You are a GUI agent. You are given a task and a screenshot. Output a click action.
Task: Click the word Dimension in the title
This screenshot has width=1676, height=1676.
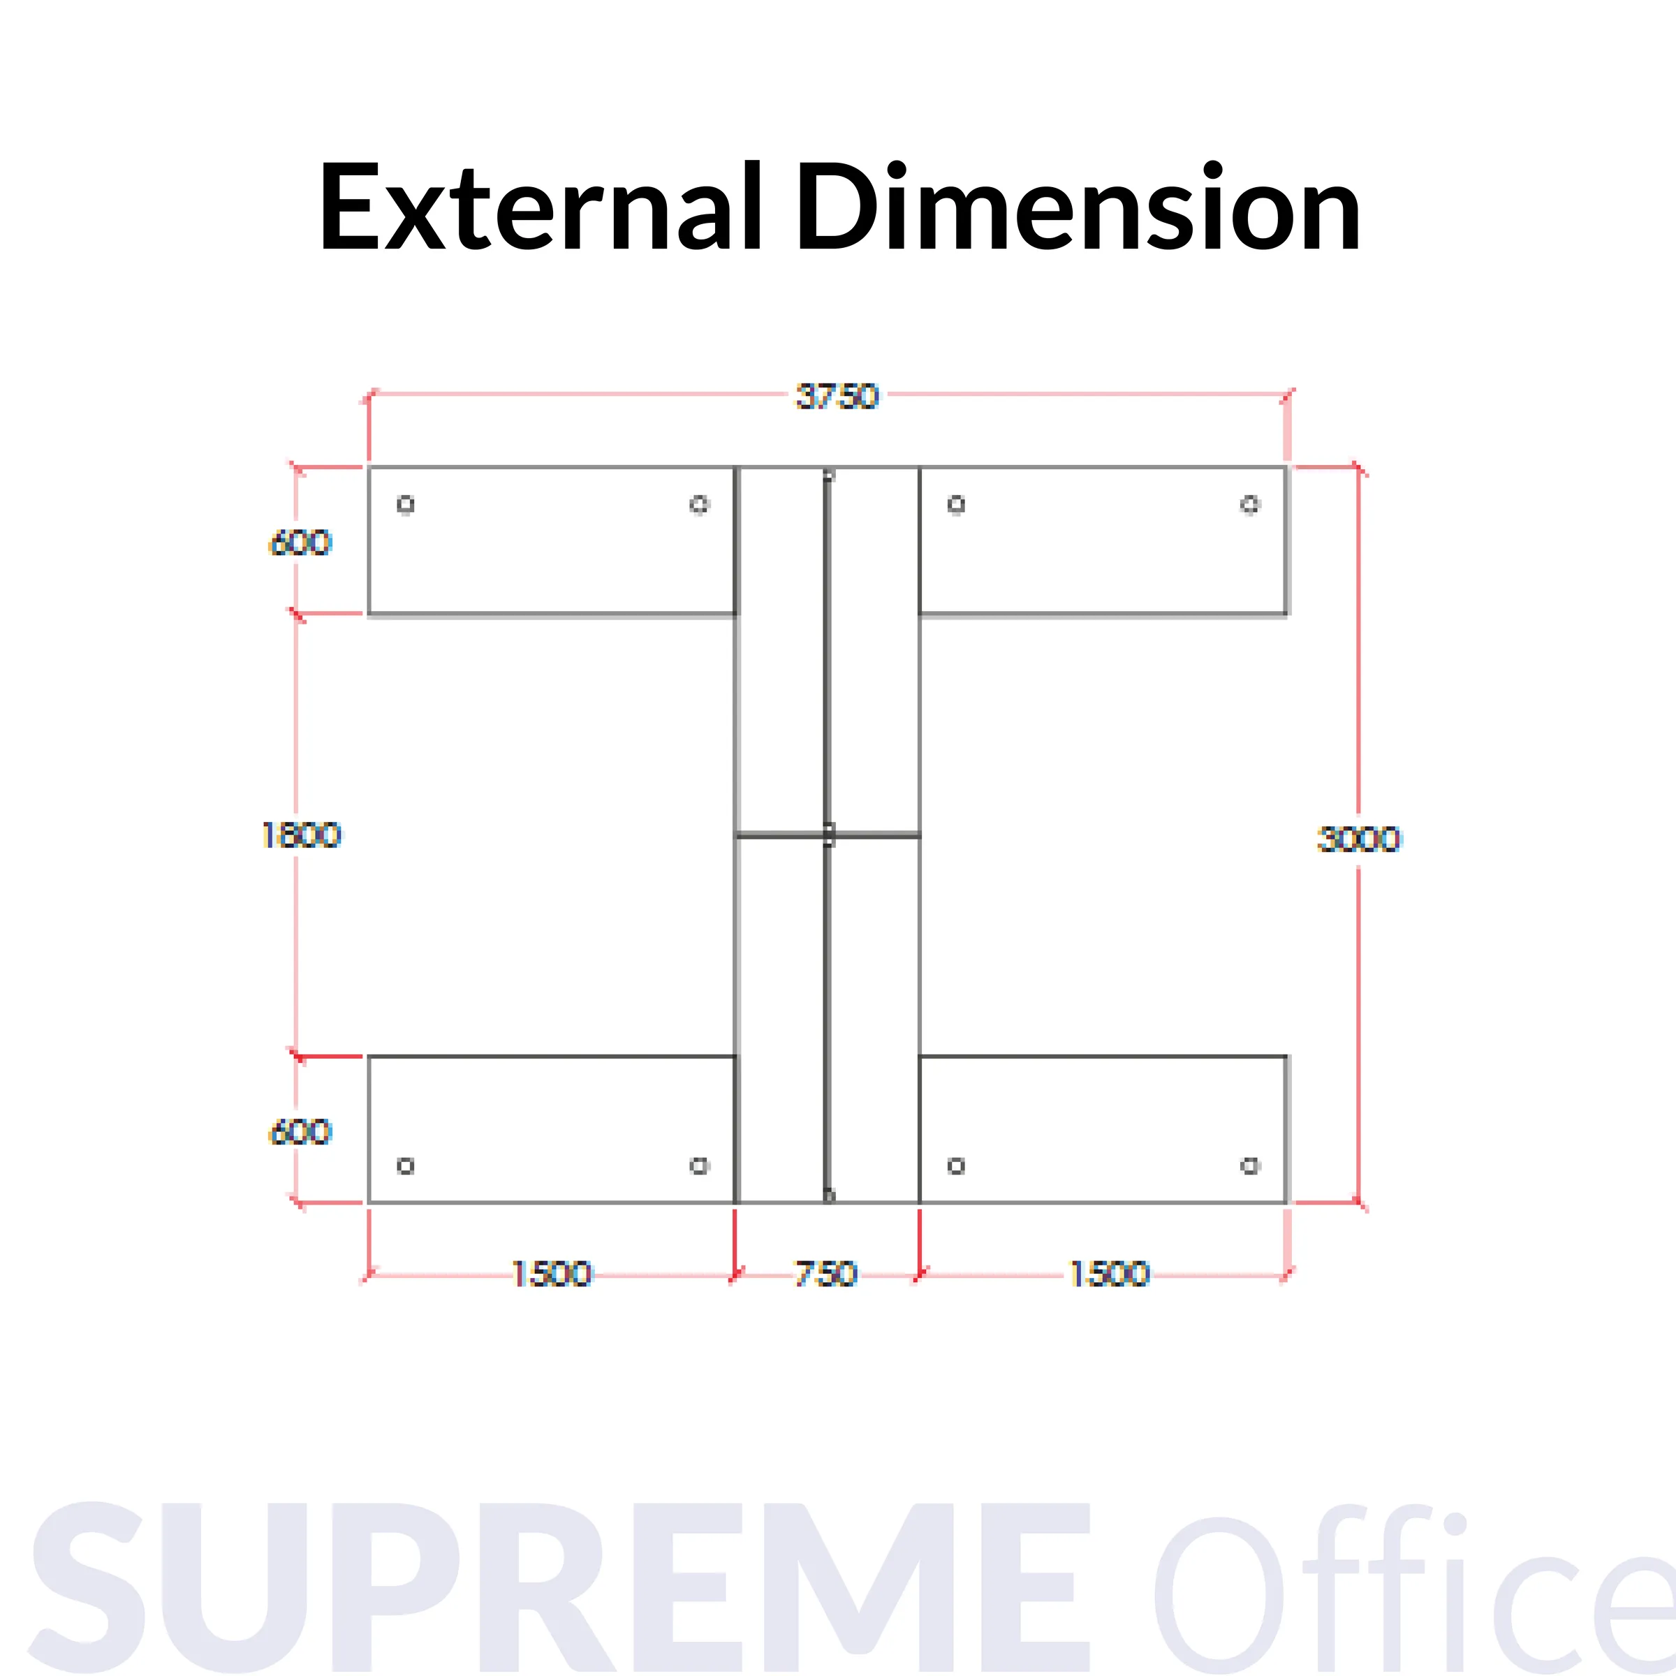pyautogui.click(x=1078, y=208)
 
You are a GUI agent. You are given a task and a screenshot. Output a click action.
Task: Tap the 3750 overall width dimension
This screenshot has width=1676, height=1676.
pyautogui.click(x=837, y=397)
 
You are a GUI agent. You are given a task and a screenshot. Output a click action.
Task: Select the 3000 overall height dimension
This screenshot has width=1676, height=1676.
pyautogui.click(x=1358, y=839)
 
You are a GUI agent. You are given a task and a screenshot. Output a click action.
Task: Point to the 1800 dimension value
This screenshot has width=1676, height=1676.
pyautogui.click(x=302, y=835)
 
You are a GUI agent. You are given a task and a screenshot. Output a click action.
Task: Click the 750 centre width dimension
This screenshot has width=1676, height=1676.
pyautogui.click(x=826, y=1274)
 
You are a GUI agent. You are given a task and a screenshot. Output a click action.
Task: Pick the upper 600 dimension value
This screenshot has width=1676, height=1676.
pyautogui.click(x=301, y=543)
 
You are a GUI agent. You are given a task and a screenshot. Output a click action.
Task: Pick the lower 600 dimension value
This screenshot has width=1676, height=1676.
pyautogui.click(x=301, y=1132)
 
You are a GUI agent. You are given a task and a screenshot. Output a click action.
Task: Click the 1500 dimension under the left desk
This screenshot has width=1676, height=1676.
pyautogui.click(x=552, y=1274)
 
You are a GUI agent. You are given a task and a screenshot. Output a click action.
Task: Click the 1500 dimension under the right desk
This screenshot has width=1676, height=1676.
pyautogui.click(x=1109, y=1274)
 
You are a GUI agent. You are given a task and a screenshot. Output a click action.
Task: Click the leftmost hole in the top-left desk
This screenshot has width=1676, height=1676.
pyautogui.click(x=405, y=504)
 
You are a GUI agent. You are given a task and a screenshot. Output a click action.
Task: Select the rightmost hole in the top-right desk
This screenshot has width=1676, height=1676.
pyautogui.click(x=1249, y=504)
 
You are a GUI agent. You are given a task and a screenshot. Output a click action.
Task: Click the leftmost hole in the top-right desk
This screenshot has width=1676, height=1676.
pyautogui.click(x=956, y=504)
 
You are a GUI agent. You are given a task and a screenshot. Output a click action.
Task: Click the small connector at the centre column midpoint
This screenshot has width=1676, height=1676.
pyautogui.click(x=828, y=835)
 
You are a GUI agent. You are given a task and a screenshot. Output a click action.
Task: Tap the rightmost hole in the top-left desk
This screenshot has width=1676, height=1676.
pyautogui.click(x=699, y=504)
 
